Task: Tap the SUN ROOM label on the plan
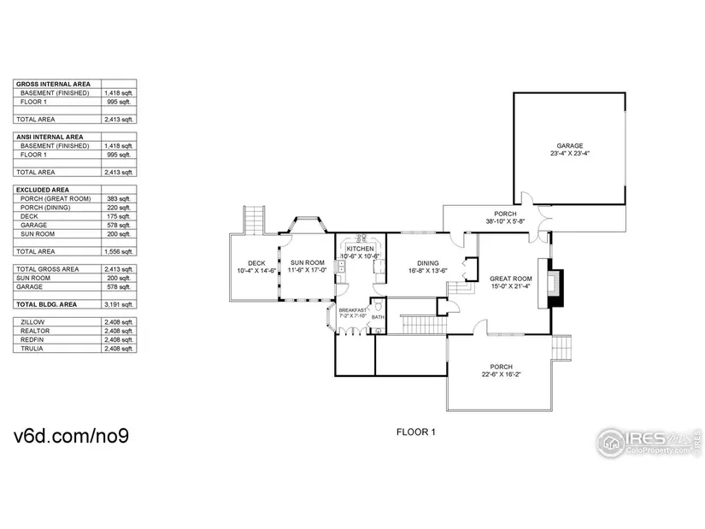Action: (307, 263)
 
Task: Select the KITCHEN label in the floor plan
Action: (360, 248)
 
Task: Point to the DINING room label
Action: (427, 263)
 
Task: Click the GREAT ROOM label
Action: (510, 279)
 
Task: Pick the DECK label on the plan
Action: (256, 263)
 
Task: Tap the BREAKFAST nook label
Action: (352, 309)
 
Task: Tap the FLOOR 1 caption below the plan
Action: (416, 432)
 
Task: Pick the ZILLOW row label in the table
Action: (32, 321)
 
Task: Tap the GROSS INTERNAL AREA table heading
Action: (53, 84)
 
